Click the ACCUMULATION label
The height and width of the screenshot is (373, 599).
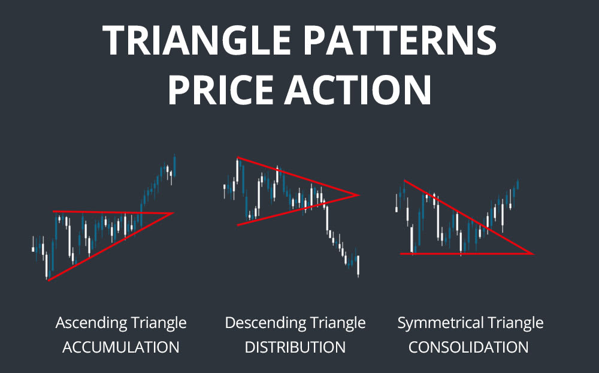coord(121,347)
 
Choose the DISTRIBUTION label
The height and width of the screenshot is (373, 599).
coord(295,347)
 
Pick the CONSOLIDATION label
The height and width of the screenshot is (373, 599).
coord(470,347)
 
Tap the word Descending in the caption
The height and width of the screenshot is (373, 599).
coord(265,323)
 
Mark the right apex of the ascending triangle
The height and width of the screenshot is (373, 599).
coord(173,213)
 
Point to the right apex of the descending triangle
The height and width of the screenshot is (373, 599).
coord(358,195)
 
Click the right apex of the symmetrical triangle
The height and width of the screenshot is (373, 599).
coord(532,254)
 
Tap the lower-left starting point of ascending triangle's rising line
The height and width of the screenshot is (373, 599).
coord(48,279)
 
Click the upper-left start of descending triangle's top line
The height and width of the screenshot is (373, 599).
coord(238,158)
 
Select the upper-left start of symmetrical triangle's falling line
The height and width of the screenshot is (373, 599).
coord(405,181)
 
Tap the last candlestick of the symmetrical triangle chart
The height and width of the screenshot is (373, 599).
coord(517,184)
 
